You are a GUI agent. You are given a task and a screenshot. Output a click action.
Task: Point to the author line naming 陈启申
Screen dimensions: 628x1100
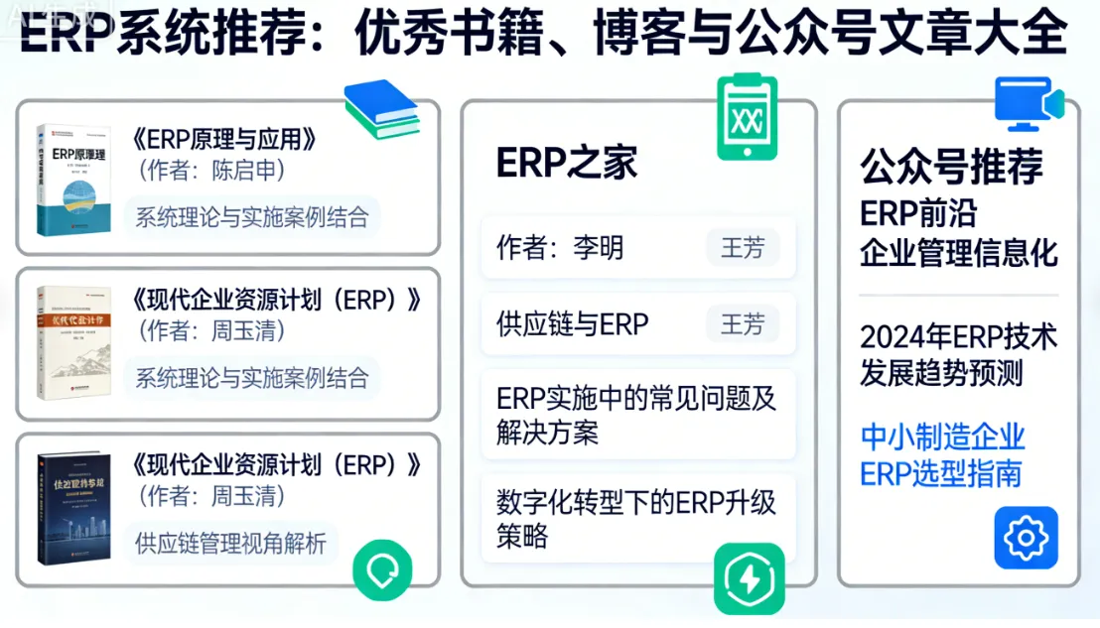tap(211, 171)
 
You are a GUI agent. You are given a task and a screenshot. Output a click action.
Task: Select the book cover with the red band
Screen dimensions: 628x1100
tap(73, 342)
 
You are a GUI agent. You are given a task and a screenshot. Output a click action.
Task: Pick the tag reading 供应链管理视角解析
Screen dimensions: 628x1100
tap(230, 543)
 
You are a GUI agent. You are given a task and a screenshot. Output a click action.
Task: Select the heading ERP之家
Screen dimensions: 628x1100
tap(567, 164)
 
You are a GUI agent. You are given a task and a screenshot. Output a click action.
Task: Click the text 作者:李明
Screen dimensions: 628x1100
tap(560, 247)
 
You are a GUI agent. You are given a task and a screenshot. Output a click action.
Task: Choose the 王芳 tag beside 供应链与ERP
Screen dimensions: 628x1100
tap(743, 323)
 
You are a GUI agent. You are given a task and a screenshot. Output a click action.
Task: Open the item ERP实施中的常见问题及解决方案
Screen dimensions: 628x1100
tap(636, 415)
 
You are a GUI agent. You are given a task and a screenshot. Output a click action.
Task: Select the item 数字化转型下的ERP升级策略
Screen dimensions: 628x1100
tap(636, 519)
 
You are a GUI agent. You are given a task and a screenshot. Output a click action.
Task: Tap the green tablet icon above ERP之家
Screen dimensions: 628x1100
tap(748, 117)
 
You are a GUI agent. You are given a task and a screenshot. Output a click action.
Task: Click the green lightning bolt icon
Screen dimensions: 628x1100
tap(749, 578)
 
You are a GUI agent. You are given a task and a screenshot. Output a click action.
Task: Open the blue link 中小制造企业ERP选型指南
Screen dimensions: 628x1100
tap(942, 454)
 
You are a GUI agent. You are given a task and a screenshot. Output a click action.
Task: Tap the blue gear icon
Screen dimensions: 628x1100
tap(1026, 538)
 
